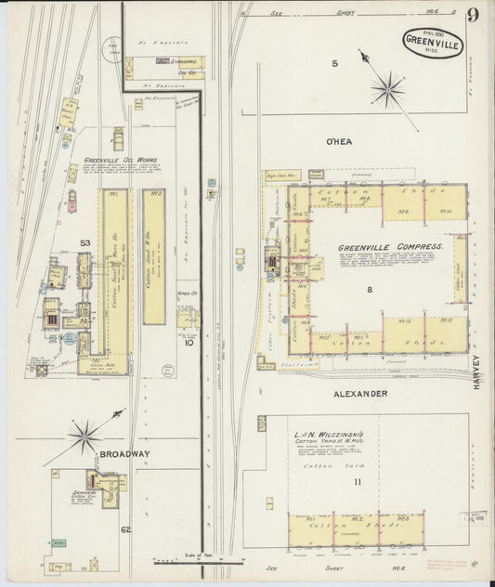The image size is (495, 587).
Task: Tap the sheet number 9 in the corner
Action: [x=474, y=16]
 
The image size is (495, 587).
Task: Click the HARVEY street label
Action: [x=475, y=371]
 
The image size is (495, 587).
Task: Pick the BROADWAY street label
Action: [x=122, y=453]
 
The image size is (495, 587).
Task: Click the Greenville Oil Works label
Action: [x=121, y=160]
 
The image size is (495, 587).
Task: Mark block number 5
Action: [x=335, y=63]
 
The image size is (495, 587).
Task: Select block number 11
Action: [x=358, y=480]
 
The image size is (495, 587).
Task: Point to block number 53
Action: [x=85, y=243]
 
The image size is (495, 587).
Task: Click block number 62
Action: [x=124, y=529]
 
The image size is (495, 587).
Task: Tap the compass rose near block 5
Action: [x=386, y=88]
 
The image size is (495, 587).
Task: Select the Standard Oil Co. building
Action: [x=165, y=64]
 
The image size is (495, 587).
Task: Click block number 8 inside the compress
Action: [x=369, y=291]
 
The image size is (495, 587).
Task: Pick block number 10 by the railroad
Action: [x=189, y=342]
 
